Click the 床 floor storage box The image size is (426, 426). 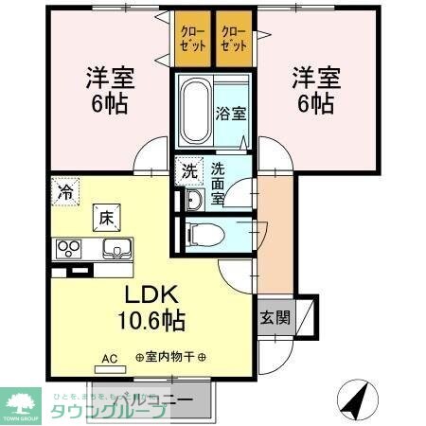tap(105, 217)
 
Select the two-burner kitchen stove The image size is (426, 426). tap(69, 249)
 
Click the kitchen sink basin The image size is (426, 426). tap(116, 249)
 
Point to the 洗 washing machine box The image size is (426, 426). tap(190, 171)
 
